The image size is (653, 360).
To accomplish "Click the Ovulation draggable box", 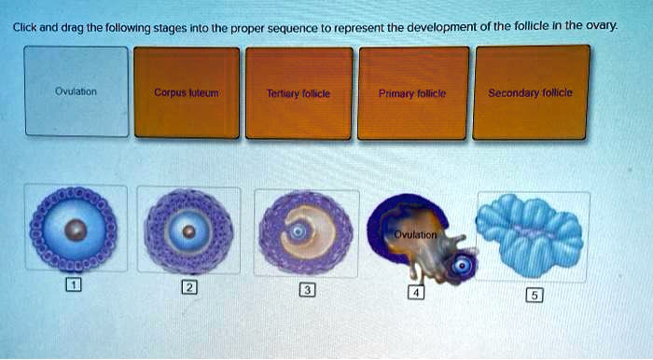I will click(x=76, y=92).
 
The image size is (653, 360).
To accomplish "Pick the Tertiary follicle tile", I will click(x=299, y=92).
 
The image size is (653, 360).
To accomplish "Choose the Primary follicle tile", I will click(x=413, y=92).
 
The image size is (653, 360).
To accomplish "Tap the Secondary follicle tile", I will click(x=532, y=92).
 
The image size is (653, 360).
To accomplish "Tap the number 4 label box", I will click(x=418, y=293).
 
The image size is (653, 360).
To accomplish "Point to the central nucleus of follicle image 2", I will click(x=189, y=230).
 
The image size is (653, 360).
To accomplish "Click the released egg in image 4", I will click(x=462, y=266).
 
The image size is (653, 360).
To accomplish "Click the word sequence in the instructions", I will click(x=294, y=29).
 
